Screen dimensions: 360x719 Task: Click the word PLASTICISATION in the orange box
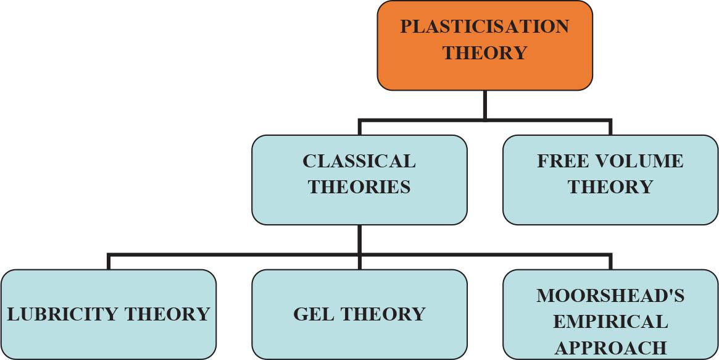click(484, 27)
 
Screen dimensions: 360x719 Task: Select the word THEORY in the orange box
click(484, 53)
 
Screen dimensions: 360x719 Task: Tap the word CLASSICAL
click(359, 161)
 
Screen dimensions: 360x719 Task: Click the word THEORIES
click(359, 187)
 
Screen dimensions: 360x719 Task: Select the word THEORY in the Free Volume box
click(610, 187)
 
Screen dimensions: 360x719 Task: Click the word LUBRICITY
click(64, 314)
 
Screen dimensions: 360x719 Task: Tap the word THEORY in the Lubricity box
click(168, 314)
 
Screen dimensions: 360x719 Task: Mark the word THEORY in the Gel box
click(384, 314)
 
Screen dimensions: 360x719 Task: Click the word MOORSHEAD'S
click(610, 296)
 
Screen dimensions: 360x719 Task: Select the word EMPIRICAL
click(610, 322)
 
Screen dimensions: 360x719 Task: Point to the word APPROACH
click(610, 348)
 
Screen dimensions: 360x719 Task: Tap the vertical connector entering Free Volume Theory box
click(610, 128)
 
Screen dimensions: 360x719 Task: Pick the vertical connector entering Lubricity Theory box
click(109, 262)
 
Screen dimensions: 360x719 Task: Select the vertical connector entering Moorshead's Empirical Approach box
click(610, 262)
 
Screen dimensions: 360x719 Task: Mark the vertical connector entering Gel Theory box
click(359, 262)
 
